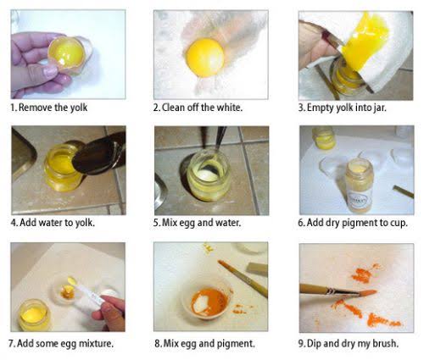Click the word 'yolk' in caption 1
click(78, 108)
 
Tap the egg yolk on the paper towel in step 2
click(205, 58)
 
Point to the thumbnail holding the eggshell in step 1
click(50, 71)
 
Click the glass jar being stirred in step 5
click(209, 175)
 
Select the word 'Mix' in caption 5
click(168, 223)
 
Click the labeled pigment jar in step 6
click(360, 186)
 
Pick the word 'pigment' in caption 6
click(360, 224)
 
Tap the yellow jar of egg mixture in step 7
click(34, 315)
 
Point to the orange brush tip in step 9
click(367, 293)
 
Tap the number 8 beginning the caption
click(158, 344)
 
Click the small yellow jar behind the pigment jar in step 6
click(324, 138)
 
